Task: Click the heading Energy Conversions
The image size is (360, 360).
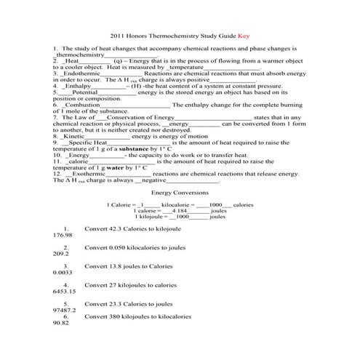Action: pos(180,193)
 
